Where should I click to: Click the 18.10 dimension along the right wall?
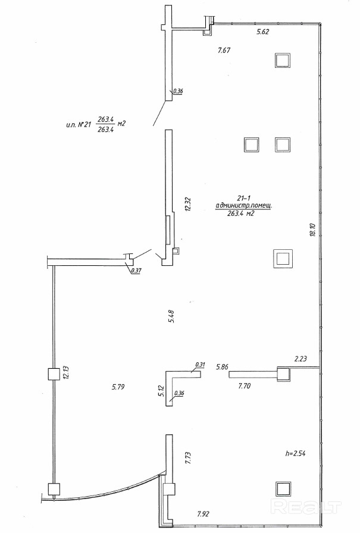point(313,230)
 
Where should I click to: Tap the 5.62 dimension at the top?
point(263,32)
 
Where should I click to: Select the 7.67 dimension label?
point(224,51)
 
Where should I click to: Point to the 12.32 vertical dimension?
point(188,205)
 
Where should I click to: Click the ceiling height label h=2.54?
point(295,453)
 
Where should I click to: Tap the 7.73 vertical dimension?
point(188,459)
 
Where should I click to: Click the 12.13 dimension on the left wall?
point(66,372)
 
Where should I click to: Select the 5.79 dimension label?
point(118,387)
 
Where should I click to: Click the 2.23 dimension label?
point(300,359)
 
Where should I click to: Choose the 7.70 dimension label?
point(245,386)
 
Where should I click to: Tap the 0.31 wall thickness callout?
point(200,365)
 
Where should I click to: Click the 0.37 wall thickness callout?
point(136,271)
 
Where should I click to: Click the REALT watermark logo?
point(306,507)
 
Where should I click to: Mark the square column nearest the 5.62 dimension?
point(283,61)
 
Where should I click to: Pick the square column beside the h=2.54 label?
point(283,489)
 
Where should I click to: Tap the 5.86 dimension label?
point(223,367)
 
